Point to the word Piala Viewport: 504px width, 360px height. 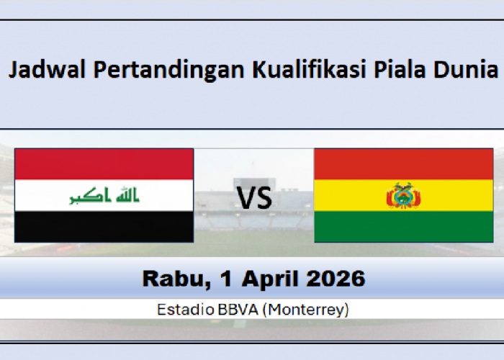pyautogui.click(x=399, y=71)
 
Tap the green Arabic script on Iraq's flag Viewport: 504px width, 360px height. pyautogui.click(x=104, y=196)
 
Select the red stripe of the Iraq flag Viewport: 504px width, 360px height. pyautogui.click(x=104, y=163)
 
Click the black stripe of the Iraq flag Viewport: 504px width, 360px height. pyautogui.click(x=104, y=226)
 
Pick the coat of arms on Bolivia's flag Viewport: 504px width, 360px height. pyautogui.click(x=403, y=196)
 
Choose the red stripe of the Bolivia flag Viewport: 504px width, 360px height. pyautogui.click(x=403, y=163)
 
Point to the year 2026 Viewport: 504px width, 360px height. pyautogui.click(x=339, y=278)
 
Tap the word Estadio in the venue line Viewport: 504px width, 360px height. pyautogui.click(x=183, y=310)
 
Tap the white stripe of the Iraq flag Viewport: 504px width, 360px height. pyautogui.click(x=43, y=196)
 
